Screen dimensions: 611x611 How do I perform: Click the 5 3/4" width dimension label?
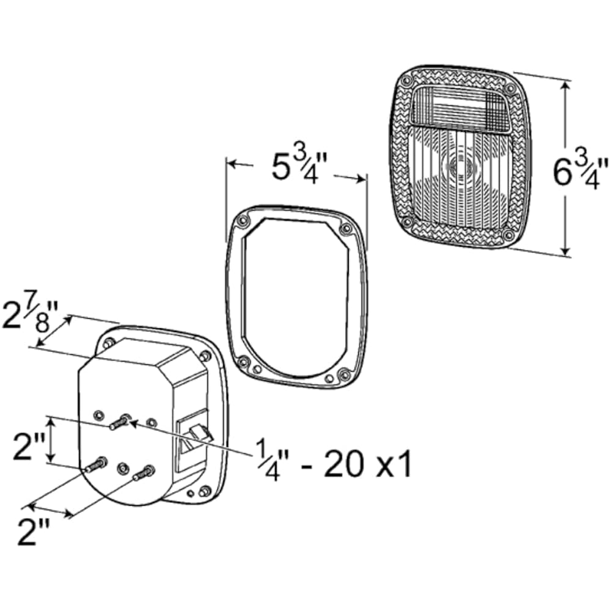point(299,167)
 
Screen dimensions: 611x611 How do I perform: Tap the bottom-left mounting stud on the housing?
point(96,464)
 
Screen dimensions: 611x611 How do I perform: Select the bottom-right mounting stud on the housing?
point(144,472)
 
